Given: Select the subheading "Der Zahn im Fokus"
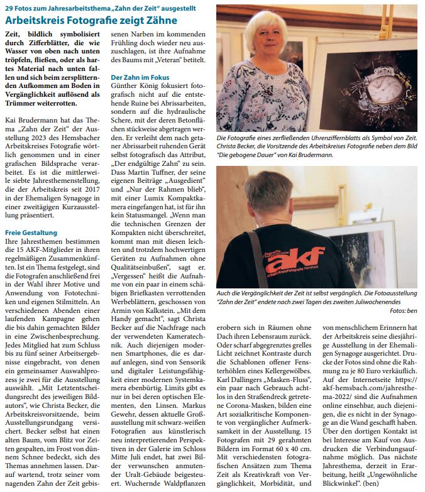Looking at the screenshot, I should (x=139, y=77).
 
